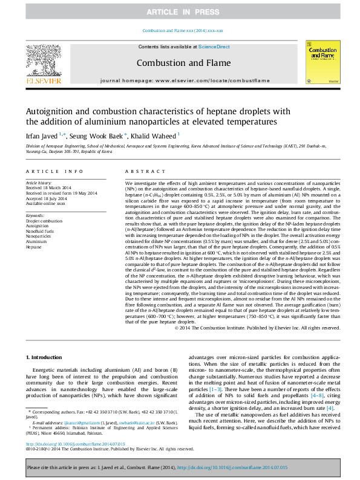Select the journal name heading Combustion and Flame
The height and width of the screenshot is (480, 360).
pyautogui.click(x=183, y=63)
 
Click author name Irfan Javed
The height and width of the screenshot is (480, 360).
pyautogui.click(x=42, y=136)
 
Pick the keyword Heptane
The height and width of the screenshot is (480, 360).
pyautogui.click(x=33, y=247)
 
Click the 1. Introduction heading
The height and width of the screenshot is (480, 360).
pyautogui.click(x=45, y=358)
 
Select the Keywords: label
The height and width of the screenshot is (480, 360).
pyautogui.click(x=36, y=215)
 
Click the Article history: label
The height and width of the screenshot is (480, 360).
pyautogui.click(x=39, y=182)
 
